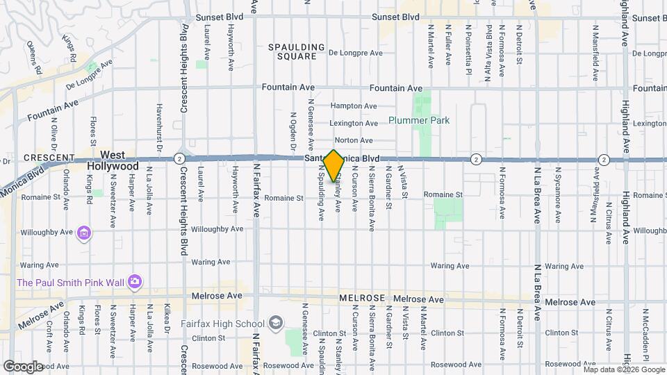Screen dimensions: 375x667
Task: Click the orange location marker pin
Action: (334, 165)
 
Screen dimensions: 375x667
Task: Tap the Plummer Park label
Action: (419, 120)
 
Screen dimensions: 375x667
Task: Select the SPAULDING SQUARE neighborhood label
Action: (297, 52)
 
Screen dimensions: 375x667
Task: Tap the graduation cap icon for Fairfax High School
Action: (276, 324)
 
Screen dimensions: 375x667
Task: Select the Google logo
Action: (23, 366)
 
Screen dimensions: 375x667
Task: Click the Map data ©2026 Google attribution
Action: (623, 369)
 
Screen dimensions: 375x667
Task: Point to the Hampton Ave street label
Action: (354, 106)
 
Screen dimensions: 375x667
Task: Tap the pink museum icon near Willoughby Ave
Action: (84, 233)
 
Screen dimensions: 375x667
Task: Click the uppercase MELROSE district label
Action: (362, 298)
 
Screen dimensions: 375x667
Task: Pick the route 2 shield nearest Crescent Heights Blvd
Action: (179, 158)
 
